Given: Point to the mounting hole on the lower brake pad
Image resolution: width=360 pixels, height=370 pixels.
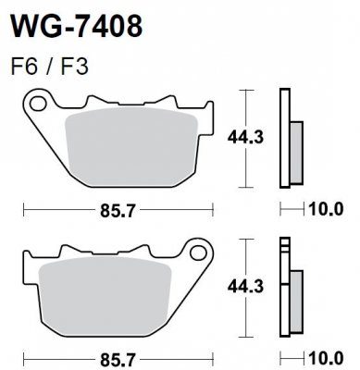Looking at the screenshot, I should [x=195, y=250].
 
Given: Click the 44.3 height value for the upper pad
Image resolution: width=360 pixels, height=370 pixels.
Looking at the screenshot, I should [x=241, y=137].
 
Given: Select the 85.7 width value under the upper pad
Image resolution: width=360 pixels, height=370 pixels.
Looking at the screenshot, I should [x=119, y=210].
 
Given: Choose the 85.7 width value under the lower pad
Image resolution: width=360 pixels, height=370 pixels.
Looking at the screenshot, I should [x=119, y=358].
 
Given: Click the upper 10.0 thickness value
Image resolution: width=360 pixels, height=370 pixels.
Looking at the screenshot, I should [x=325, y=210].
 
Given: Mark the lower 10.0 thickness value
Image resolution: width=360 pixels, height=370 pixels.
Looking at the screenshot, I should [x=325, y=358].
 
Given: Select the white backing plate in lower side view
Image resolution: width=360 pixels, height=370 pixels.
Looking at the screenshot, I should [x=284, y=291].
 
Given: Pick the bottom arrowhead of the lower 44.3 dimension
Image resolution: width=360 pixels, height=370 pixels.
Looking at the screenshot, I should [x=245, y=336].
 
